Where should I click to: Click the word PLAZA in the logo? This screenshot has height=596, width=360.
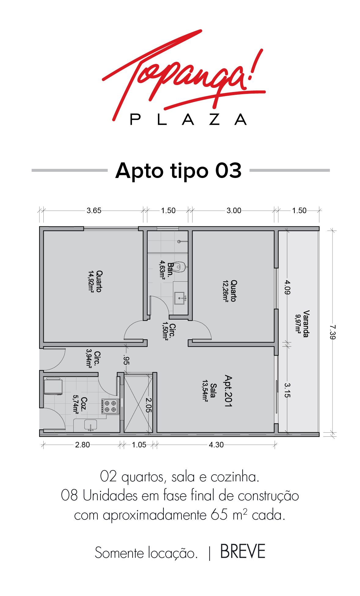(188, 119)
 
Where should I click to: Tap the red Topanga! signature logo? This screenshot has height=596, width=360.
(183, 73)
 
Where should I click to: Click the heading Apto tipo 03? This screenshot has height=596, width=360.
(178, 170)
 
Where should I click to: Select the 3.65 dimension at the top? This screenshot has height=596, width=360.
(94, 210)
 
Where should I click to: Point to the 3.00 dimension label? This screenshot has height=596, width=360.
(234, 210)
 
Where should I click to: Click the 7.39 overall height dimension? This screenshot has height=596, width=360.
(332, 332)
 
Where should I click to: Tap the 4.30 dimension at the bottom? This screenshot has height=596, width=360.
(216, 445)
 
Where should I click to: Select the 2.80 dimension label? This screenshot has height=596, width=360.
(83, 445)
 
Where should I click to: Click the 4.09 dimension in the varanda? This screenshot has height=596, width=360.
(287, 287)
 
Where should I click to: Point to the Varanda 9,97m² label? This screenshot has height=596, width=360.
(302, 324)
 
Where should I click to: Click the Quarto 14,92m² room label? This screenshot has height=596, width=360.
(95, 281)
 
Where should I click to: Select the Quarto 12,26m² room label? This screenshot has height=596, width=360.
(229, 291)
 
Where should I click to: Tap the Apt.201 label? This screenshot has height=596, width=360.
(228, 391)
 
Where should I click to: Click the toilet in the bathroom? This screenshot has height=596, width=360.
(180, 267)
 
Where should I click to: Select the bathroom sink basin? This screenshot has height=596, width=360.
(180, 298)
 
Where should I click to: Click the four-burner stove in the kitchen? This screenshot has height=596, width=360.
(110, 406)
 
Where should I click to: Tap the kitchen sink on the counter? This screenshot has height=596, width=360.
(90, 425)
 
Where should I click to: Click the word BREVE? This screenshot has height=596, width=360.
(243, 552)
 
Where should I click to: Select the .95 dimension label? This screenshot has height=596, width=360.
(126, 360)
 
